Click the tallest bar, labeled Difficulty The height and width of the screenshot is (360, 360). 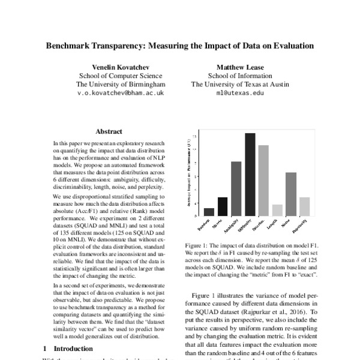click(x=250, y=174)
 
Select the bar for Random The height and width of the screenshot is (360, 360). click(x=209, y=212)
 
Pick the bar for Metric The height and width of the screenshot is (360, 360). click(x=223, y=206)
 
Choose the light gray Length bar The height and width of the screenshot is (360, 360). click(x=277, y=210)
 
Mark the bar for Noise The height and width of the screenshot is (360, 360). click(x=291, y=194)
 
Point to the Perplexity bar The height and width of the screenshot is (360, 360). click(x=305, y=206)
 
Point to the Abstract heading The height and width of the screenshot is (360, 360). click(x=109, y=131)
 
